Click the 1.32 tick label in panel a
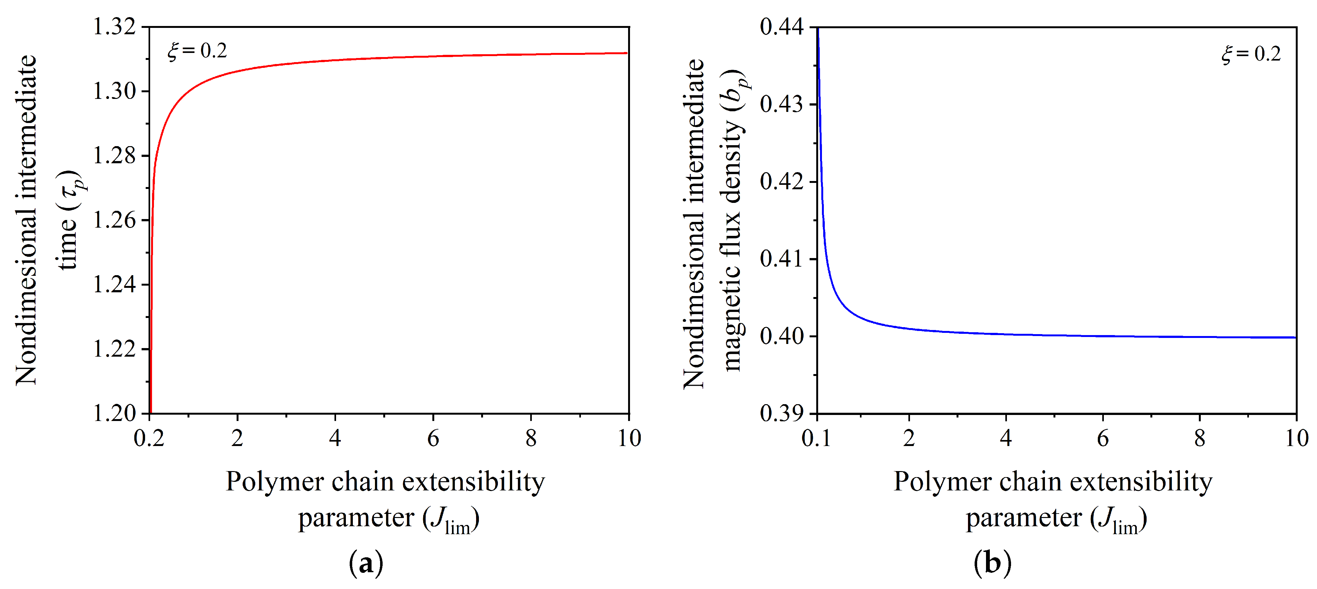(x=115, y=27)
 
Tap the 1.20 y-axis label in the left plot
(x=115, y=413)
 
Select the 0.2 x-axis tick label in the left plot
(x=149, y=438)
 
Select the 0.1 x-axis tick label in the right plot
(x=817, y=438)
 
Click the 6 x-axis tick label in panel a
(x=433, y=438)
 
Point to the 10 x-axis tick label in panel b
(x=1296, y=438)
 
